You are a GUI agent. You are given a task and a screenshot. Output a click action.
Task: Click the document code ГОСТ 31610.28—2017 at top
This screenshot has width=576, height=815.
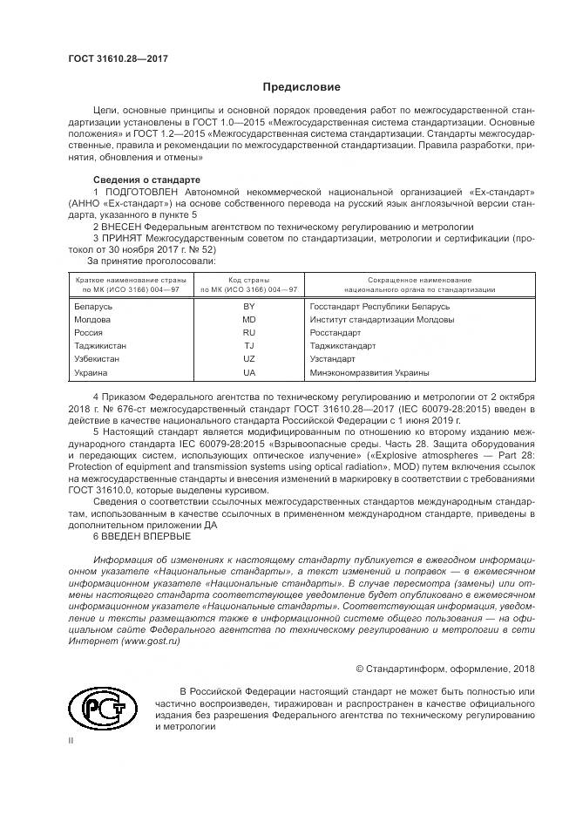pyautogui.click(x=118, y=58)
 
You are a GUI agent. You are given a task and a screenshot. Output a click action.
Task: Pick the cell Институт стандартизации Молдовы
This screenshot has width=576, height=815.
pyautogui.click(x=369, y=320)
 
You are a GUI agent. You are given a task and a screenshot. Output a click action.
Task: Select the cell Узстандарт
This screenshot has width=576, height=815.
pyautogui.click(x=332, y=359)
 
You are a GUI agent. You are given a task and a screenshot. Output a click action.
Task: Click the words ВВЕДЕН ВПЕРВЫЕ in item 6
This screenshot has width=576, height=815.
pyautogui.click(x=140, y=536)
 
